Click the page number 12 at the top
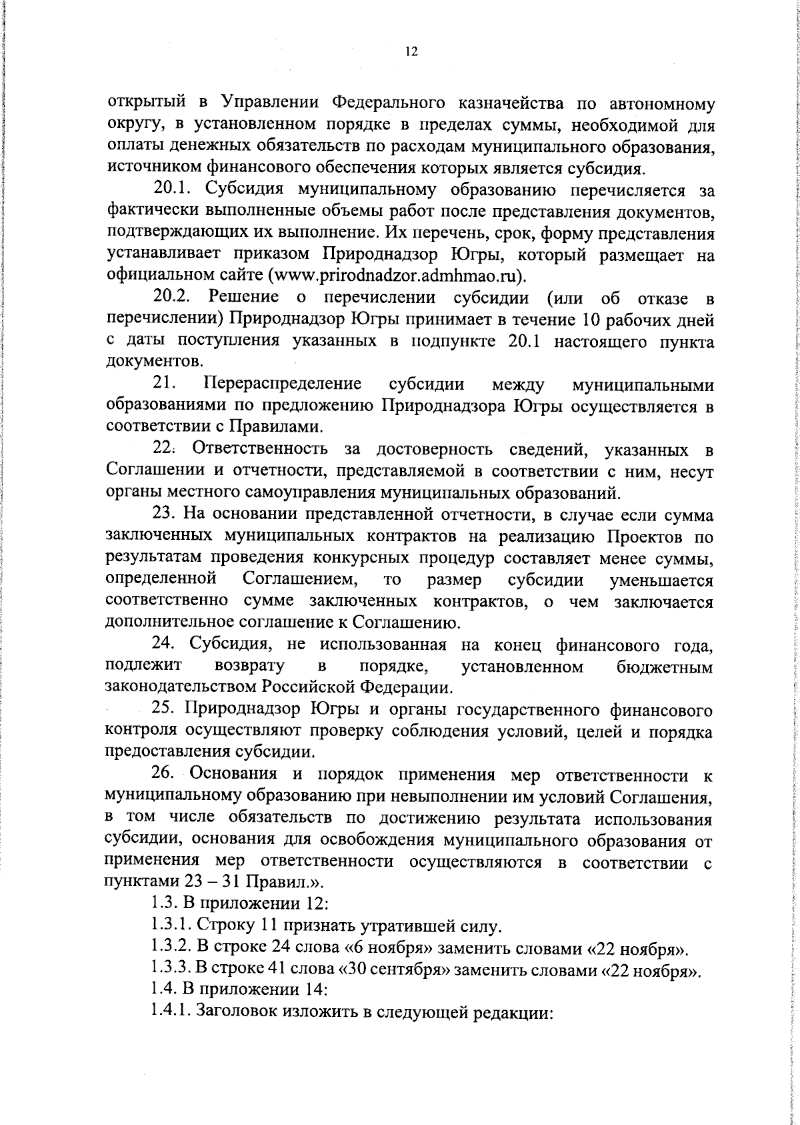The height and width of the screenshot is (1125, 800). [411, 52]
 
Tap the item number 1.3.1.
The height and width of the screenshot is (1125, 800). [171, 926]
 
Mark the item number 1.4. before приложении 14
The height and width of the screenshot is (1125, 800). [163, 991]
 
